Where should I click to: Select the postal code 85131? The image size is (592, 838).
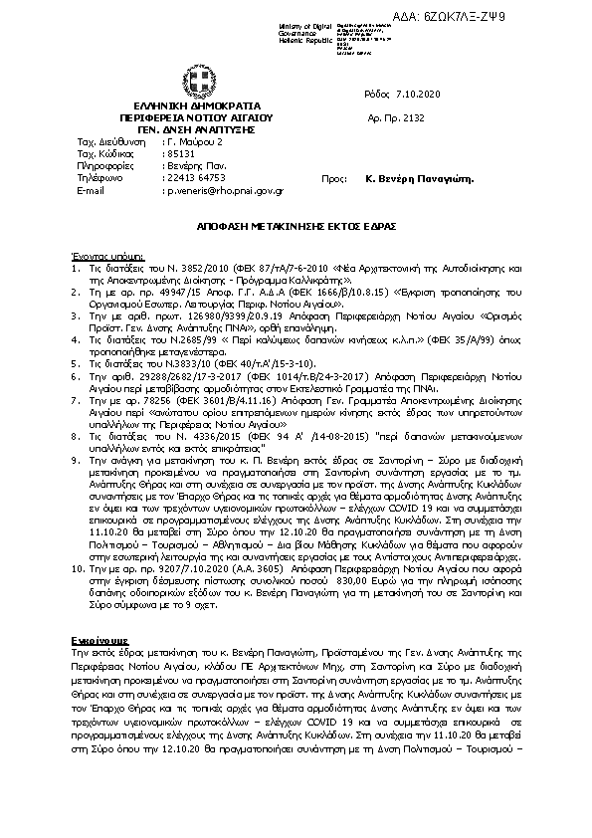click(180, 154)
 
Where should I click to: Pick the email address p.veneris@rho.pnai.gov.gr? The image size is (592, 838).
click(226, 189)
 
